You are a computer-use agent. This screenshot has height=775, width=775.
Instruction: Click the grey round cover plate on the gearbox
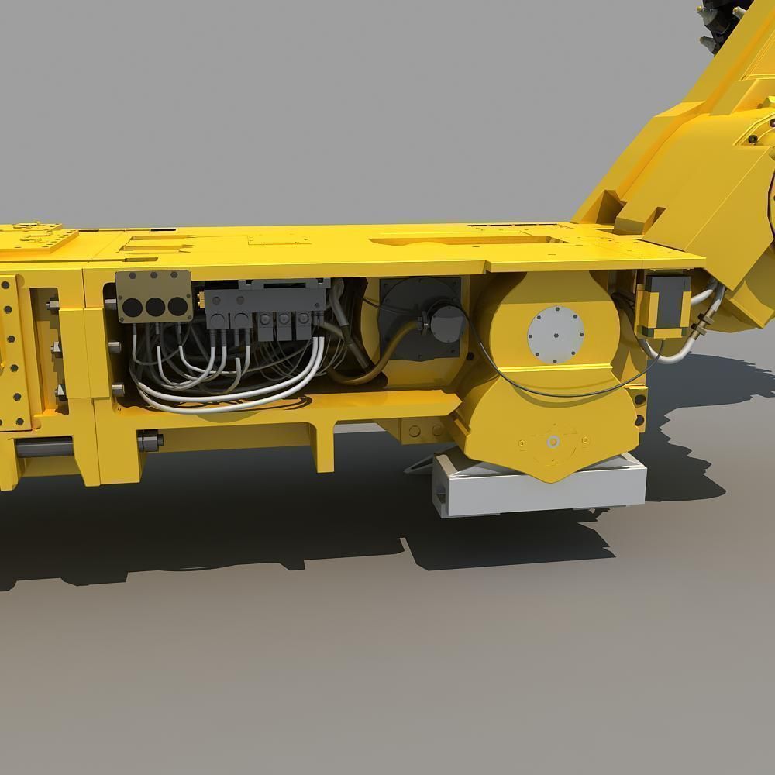tap(556, 336)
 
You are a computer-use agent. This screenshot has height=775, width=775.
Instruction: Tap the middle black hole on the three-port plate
tap(155, 307)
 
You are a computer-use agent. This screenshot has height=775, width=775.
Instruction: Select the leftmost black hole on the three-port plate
tap(133, 307)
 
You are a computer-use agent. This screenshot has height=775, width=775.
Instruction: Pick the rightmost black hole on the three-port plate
tap(177, 307)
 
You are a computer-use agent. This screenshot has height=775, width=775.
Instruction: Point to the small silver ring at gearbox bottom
tap(553, 442)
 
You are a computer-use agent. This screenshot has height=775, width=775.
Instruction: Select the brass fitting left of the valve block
tap(200, 298)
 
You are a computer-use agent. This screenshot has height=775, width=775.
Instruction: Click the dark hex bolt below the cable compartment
tap(150, 441)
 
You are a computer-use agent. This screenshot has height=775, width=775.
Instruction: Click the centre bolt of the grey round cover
tap(556, 336)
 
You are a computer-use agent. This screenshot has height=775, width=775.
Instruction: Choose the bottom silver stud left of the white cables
tap(117, 387)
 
